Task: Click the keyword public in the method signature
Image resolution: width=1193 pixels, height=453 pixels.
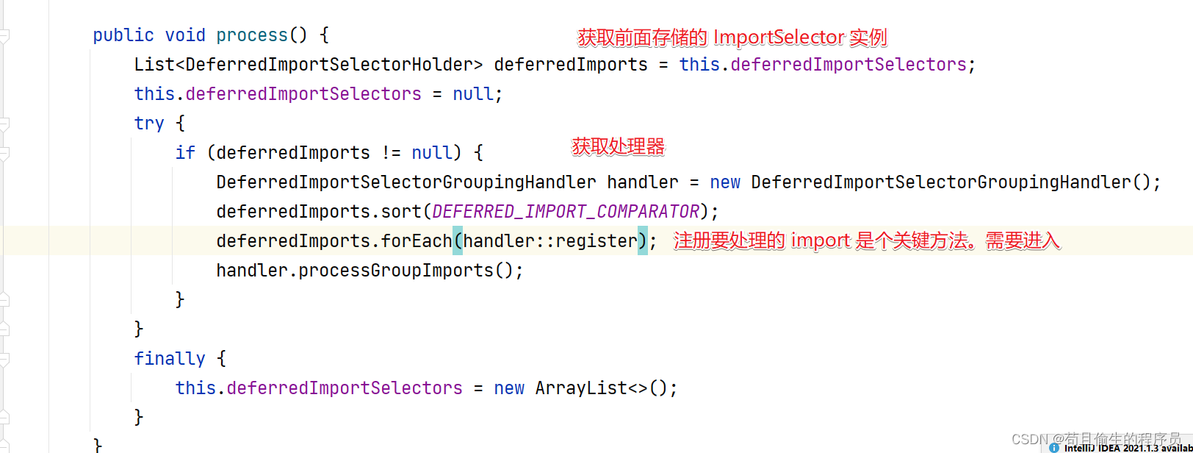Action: [123, 35]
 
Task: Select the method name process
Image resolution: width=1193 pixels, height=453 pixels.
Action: [251, 35]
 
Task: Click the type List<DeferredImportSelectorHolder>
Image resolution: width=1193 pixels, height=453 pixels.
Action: [308, 65]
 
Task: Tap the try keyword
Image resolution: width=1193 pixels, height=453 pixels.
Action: [148, 124]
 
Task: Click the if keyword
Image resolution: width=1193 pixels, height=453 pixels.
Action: [185, 153]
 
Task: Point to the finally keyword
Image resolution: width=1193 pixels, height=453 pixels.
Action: [169, 359]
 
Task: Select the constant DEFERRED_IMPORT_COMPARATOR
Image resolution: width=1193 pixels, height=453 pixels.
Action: [565, 212]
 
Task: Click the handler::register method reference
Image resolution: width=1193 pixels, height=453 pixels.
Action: [549, 241]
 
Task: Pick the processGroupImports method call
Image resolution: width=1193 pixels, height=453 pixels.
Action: [395, 271]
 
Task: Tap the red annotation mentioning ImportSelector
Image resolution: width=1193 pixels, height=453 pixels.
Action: [732, 38]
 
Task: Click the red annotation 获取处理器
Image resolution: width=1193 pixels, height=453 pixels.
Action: [618, 147]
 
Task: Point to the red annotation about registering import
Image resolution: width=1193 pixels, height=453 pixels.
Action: [866, 241]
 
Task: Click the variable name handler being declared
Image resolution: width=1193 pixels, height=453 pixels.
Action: [642, 182]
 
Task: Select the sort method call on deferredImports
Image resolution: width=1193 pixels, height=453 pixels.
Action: [400, 212]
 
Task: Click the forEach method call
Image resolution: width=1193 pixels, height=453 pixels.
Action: [416, 241]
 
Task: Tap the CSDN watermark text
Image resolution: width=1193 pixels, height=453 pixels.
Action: [1095, 438]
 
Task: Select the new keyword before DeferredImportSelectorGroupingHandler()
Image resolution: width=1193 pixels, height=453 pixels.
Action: [724, 182]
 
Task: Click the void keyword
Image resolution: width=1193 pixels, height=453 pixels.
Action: [184, 35]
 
